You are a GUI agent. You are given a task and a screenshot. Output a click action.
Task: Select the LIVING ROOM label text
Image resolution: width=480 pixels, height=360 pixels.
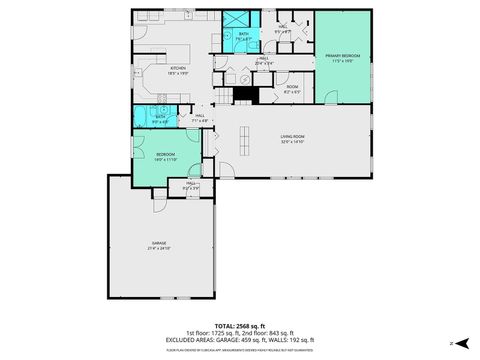click(x=292, y=136)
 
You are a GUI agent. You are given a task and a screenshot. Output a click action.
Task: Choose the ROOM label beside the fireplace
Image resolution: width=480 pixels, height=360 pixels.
click(x=292, y=86)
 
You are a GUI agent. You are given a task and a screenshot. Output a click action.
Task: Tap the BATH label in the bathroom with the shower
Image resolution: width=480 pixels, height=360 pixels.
click(x=244, y=34)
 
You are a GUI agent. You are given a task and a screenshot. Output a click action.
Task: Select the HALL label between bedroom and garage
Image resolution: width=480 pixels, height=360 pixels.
click(x=191, y=183)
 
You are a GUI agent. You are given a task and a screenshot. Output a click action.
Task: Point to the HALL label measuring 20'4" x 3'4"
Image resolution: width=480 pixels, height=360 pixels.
click(x=265, y=58)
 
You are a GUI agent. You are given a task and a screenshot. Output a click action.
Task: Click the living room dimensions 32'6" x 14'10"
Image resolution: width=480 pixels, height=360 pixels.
click(x=292, y=142)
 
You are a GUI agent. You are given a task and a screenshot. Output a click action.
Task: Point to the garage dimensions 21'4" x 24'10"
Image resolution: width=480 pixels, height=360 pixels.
click(x=159, y=248)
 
